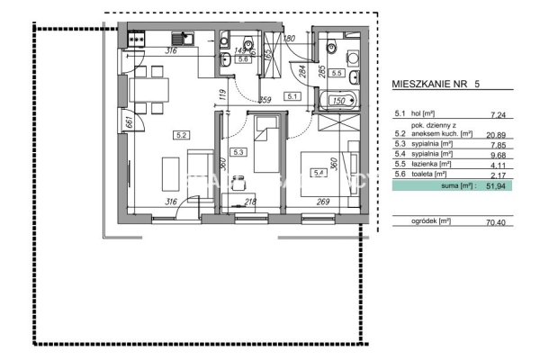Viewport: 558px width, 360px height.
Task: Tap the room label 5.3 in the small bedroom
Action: tap(238, 153)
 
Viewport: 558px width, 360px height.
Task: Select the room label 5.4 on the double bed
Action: tap(318, 173)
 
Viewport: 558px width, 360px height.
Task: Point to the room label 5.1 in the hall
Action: tap(292, 96)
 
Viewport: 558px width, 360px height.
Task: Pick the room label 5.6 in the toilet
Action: tap(230, 58)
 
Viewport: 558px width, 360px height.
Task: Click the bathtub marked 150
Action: tap(338, 102)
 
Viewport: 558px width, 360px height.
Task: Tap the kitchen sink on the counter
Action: tap(184, 38)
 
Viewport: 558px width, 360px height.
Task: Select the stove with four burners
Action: tap(138, 38)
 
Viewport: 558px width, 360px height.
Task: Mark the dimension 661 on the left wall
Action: tap(130, 122)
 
